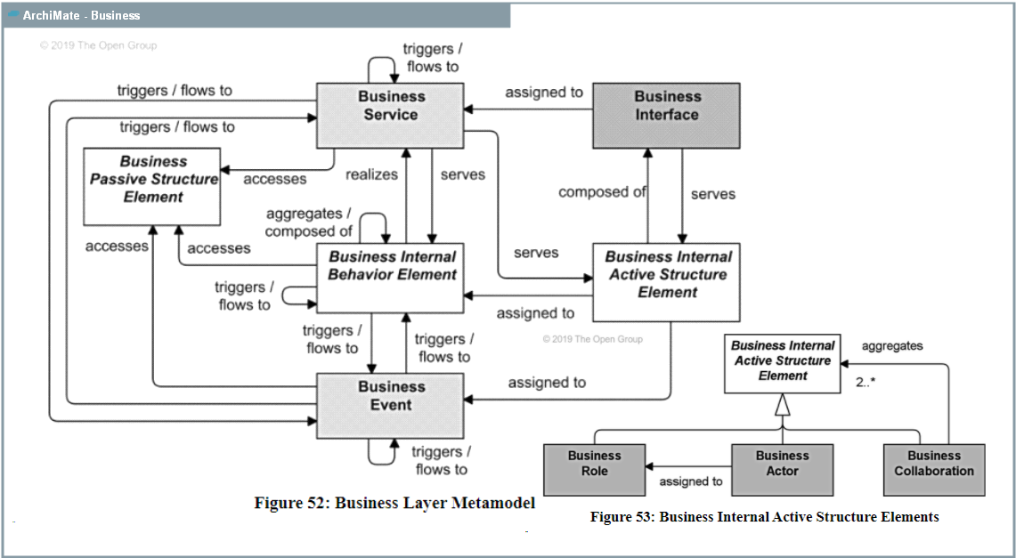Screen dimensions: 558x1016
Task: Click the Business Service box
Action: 391,116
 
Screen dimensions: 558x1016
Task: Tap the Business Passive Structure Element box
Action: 152,186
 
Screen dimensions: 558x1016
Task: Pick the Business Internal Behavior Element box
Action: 391,278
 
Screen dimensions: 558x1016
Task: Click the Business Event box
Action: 391,405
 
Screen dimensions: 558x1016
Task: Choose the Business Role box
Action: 594,469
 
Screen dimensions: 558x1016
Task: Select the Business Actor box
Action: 782,469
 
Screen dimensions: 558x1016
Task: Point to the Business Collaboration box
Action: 934,469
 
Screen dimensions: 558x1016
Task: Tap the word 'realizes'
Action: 371,174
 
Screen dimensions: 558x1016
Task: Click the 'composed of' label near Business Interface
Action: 601,191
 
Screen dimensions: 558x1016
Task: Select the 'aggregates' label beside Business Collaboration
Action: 892,346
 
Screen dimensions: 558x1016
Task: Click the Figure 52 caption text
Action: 394,503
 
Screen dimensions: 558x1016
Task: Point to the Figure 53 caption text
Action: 764,516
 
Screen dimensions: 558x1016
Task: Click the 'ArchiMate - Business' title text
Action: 81,15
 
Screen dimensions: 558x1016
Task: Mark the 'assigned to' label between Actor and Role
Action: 690,481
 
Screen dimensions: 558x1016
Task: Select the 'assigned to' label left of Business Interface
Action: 544,92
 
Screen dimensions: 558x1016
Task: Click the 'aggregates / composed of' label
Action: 308,222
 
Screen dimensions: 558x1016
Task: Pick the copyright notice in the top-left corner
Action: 98,45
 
